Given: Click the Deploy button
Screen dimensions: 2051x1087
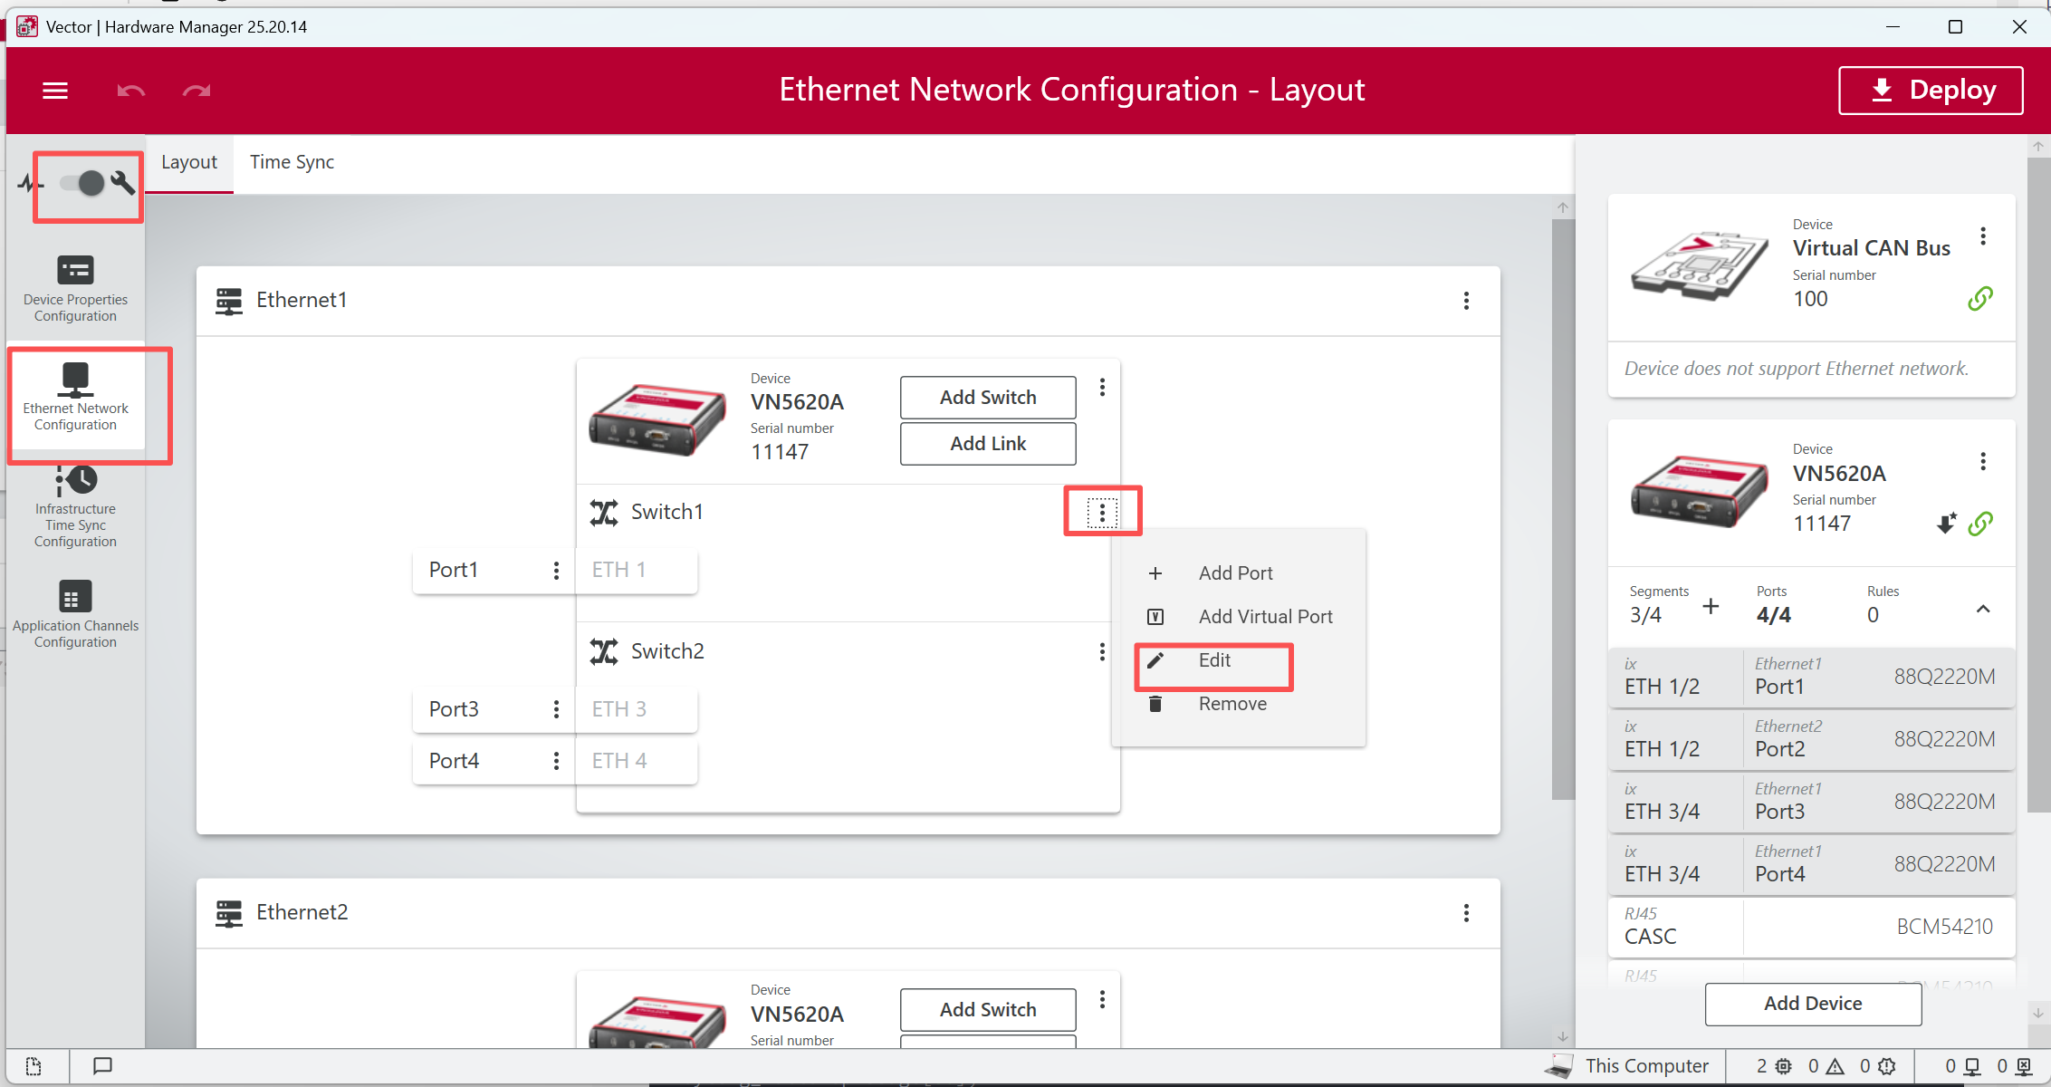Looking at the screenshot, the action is coord(1931,90).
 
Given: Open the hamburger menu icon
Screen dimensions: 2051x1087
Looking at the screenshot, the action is coord(55,91).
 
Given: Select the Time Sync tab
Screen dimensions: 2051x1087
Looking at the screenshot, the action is coord(292,162).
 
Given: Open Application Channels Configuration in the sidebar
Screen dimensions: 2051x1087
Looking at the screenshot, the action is coord(75,614).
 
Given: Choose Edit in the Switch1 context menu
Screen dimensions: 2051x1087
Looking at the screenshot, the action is coord(1213,660).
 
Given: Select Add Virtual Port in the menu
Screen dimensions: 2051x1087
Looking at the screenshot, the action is coord(1264,617).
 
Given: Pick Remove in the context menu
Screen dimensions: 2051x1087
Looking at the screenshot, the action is coord(1232,704).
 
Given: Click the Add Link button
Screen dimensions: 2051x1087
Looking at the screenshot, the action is coord(988,444).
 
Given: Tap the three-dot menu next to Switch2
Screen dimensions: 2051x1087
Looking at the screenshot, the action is coord(1102,652).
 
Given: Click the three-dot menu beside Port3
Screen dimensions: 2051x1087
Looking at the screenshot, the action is coord(556,709).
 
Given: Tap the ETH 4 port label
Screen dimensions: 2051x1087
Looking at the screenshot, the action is coord(619,761).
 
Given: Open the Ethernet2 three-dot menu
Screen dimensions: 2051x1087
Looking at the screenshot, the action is coord(1466,913).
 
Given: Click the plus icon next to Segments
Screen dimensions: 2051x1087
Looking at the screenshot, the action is coord(1711,607).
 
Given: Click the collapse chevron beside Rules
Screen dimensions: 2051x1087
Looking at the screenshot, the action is coord(1983,609).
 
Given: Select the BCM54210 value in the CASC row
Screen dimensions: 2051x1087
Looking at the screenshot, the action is coord(1945,927).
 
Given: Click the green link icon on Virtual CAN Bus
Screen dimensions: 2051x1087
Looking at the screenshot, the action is coord(1980,298).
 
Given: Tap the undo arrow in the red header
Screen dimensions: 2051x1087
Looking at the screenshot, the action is coord(131,91).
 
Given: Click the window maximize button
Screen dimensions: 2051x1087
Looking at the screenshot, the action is coord(1955,27).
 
